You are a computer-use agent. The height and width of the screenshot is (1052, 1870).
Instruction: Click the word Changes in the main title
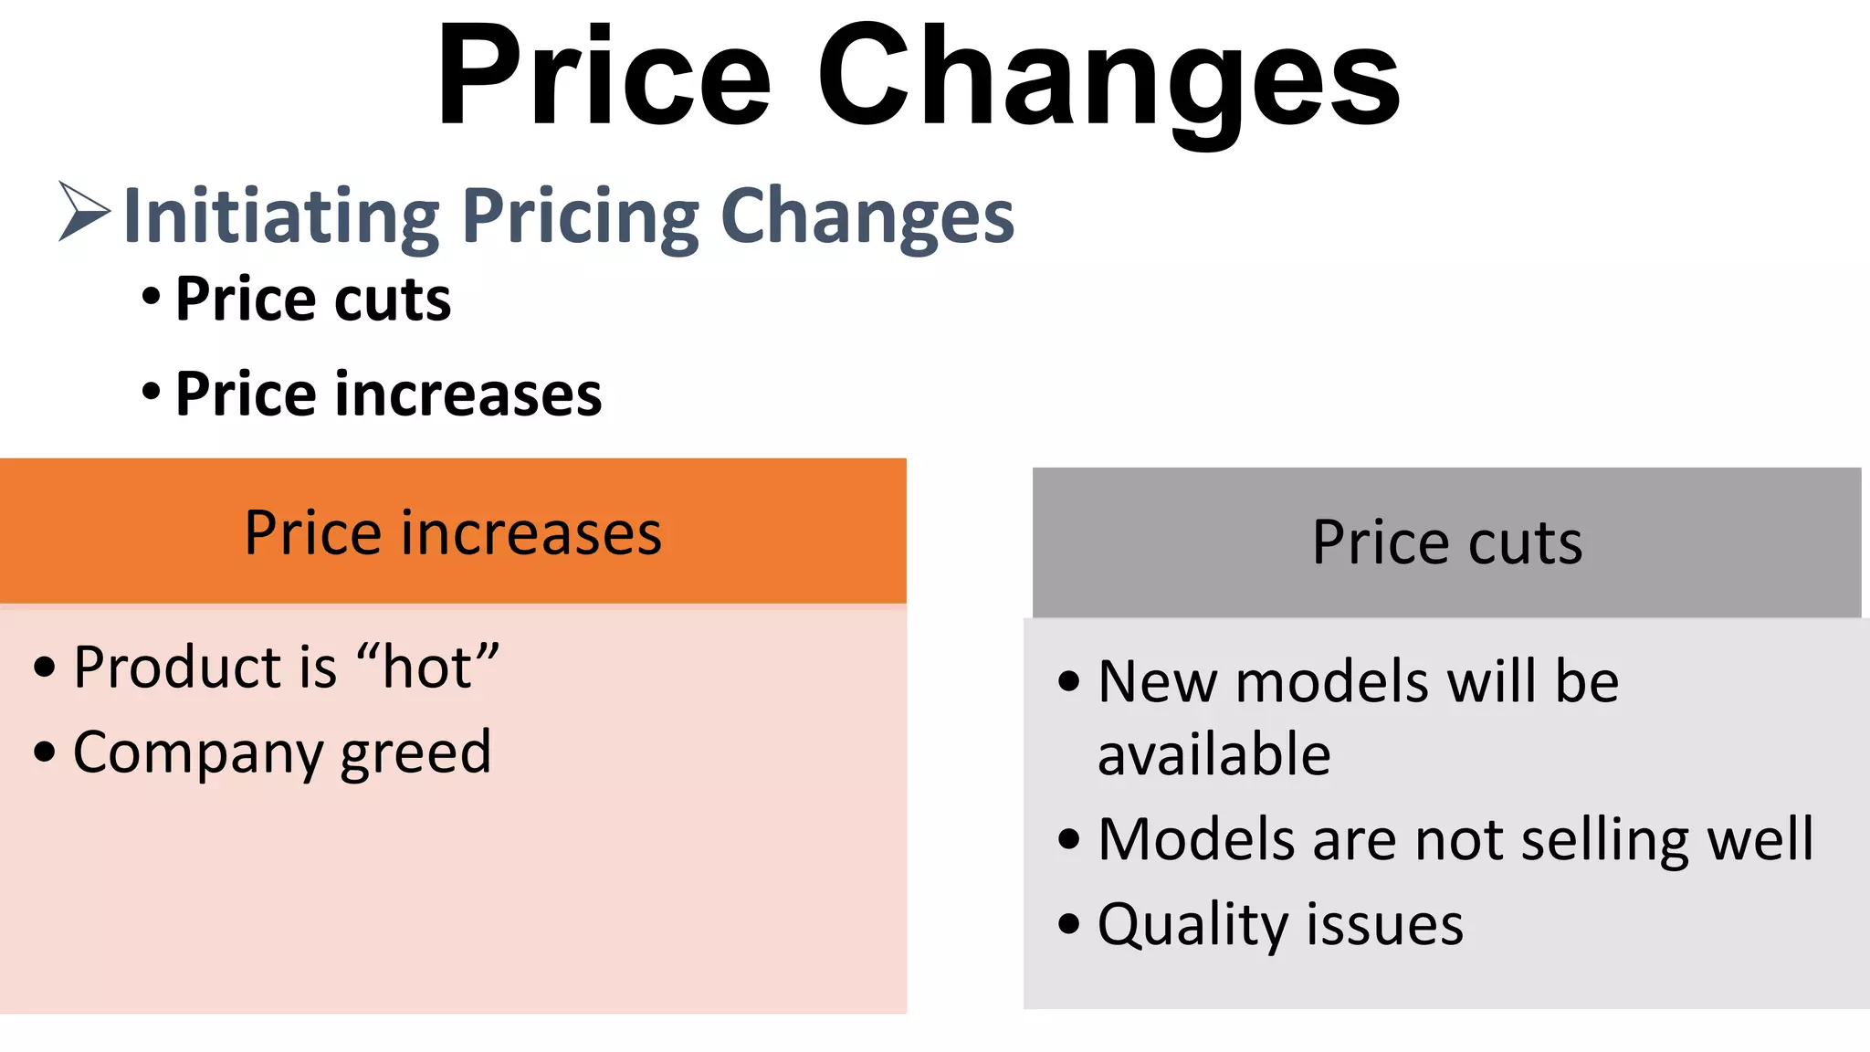pos(1108,78)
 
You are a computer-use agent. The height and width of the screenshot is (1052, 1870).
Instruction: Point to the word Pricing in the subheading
pos(581,216)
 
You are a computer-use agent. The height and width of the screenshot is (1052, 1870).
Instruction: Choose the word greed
pos(415,754)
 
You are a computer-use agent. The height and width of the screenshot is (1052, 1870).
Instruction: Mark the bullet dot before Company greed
pos(45,752)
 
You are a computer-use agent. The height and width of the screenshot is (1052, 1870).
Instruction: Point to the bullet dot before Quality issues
pos(1068,923)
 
